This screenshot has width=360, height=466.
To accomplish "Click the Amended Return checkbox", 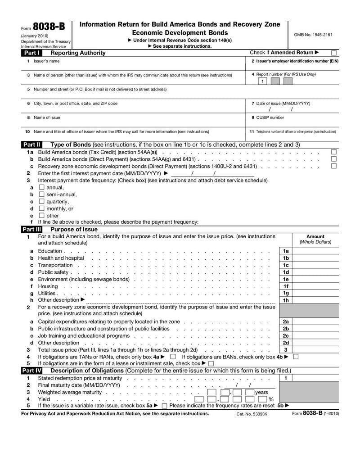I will pyautogui.click(x=333, y=53).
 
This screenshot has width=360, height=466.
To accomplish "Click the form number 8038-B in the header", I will pyautogui.click(x=49, y=27).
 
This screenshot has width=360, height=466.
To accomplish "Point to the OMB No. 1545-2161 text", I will pyautogui.click(x=314, y=35).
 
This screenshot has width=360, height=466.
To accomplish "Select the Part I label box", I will pyautogui.click(x=32, y=53).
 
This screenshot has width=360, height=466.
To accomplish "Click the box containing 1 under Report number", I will pyautogui.click(x=262, y=81).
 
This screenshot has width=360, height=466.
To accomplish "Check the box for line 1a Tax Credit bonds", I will pyautogui.click(x=333, y=152).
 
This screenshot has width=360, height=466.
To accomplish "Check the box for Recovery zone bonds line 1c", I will pyautogui.click(x=333, y=166).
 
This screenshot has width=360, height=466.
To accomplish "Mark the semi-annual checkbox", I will pyautogui.click(x=41, y=195).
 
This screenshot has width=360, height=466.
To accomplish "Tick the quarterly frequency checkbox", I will pyautogui.click(x=41, y=202).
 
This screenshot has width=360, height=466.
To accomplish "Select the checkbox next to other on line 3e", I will pyautogui.click(x=41, y=216).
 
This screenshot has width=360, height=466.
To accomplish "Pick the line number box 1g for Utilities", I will pyautogui.click(x=286, y=293).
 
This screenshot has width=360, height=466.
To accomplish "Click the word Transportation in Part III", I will pyautogui.click(x=55, y=265).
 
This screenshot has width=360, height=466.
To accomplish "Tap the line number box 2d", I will pyautogui.click(x=286, y=343).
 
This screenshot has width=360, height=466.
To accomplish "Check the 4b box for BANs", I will pyautogui.click(x=296, y=357).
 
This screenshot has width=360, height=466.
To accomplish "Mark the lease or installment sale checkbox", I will pyautogui.click(x=211, y=364).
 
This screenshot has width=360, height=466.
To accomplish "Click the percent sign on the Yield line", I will pyautogui.click(x=271, y=399).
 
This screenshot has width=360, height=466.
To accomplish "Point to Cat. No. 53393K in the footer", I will pyautogui.click(x=252, y=414).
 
